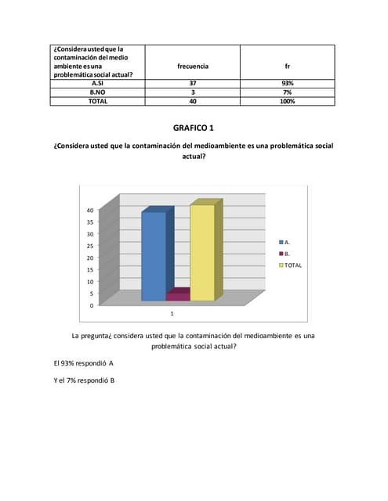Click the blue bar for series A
[154, 256]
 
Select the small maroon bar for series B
[177, 297]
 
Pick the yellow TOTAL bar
[201, 253]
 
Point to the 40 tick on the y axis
[90, 211]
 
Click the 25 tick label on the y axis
[90, 247]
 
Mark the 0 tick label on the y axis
[92, 305]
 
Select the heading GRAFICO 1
[193, 128]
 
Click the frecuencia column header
[193, 66]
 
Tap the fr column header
[287, 66]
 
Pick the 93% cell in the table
[287, 83]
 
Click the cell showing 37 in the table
[193, 83]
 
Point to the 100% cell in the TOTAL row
[287, 101]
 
